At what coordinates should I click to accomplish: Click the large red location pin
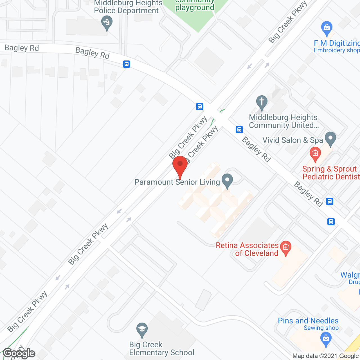tap(180, 166)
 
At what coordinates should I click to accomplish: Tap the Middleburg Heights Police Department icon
tap(107, 22)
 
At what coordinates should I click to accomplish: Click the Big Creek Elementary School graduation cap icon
tap(142, 329)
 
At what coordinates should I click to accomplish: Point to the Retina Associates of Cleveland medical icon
tap(286, 248)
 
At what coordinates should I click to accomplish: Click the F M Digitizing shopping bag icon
tap(327, 28)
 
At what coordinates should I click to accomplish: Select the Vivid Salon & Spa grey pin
tap(330, 139)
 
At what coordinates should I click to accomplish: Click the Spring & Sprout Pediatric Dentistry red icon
tap(315, 154)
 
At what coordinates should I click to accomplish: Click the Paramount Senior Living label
tap(177, 182)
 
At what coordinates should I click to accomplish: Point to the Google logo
tap(19, 353)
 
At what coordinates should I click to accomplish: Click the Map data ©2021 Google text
tap(326, 356)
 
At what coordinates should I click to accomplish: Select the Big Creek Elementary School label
tap(161, 348)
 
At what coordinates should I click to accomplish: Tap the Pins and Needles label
tap(308, 321)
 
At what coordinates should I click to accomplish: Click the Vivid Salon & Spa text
tap(292, 140)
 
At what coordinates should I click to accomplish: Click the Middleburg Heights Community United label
tap(283, 121)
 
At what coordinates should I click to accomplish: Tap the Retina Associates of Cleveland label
tap(247, 249)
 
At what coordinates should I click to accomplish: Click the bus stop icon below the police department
tap(127, 64)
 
